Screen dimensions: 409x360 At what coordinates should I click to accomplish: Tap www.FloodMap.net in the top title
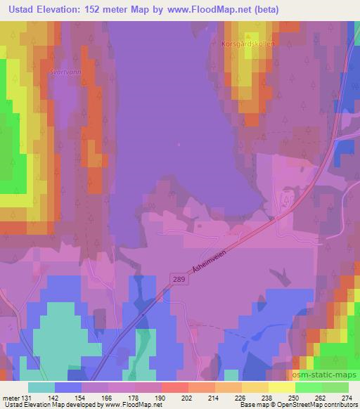coord(213,10)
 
